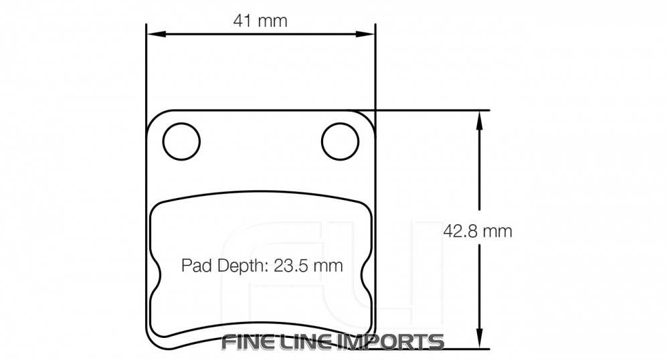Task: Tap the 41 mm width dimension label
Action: (260, 21)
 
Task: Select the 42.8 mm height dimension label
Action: (478, 231)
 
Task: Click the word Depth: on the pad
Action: (243, 266)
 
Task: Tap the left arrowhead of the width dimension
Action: (156, 33)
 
